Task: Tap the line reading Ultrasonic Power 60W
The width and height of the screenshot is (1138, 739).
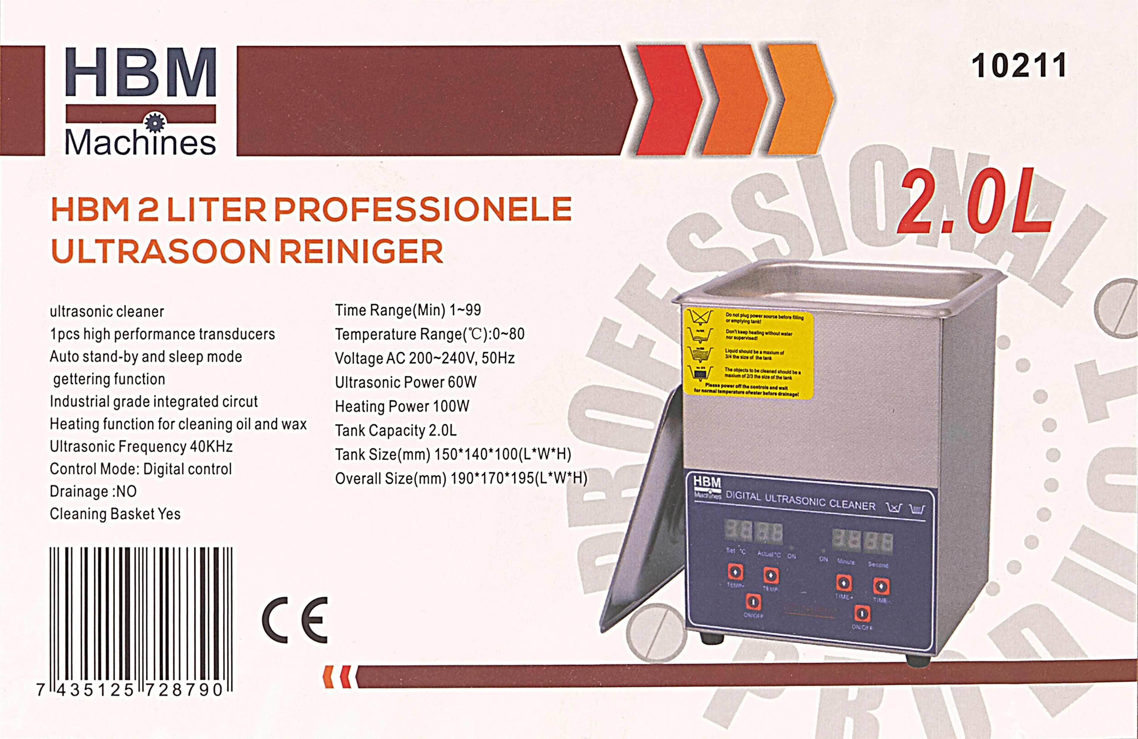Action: pos(405,382)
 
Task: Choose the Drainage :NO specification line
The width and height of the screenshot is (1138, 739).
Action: pos(93,491)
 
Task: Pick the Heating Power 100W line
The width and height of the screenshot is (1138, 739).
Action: pos(402,406)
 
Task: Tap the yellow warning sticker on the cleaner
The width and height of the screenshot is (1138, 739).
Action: pos(748,354)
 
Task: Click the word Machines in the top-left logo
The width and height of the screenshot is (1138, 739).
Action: pos(140,143)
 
